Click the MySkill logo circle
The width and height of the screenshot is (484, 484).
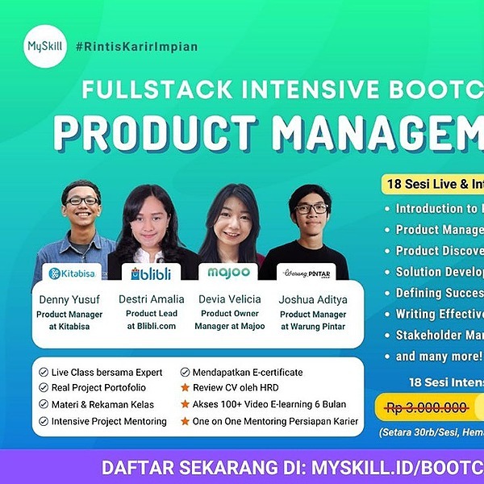pyautogui.click(x=45, y=46)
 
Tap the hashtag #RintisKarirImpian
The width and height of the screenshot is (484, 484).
pyautogui.click(x=136, y=46)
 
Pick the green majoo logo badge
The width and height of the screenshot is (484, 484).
pyautogui.click(x=227, y=273)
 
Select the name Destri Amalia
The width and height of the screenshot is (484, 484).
pyautogui.click(x=151, y=299)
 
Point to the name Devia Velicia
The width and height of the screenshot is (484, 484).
pyautogui.click(x=229, y=299)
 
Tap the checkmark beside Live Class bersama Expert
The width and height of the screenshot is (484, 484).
pyautogui.click(x=44, y=373)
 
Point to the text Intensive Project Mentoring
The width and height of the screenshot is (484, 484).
pyautogui.click(x=109, y=421)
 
